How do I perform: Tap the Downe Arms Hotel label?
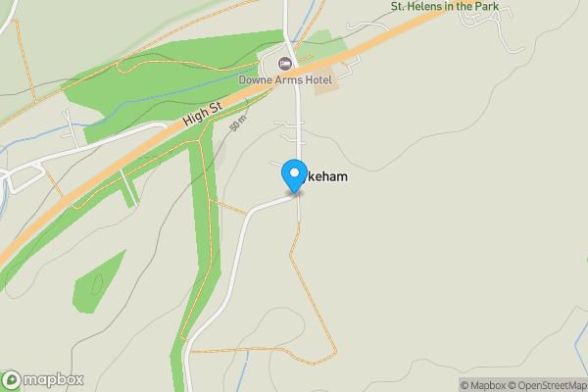(285, 78)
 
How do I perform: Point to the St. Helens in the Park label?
(446, 7)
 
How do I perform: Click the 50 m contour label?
(237, 125)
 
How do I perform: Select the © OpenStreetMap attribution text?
(544, 385)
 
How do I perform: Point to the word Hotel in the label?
(316, 78)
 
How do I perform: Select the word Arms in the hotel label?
(285, 78)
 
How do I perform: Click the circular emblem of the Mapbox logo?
(13, 379)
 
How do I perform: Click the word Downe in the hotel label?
(254, 78)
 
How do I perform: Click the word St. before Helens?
(397, 7)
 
